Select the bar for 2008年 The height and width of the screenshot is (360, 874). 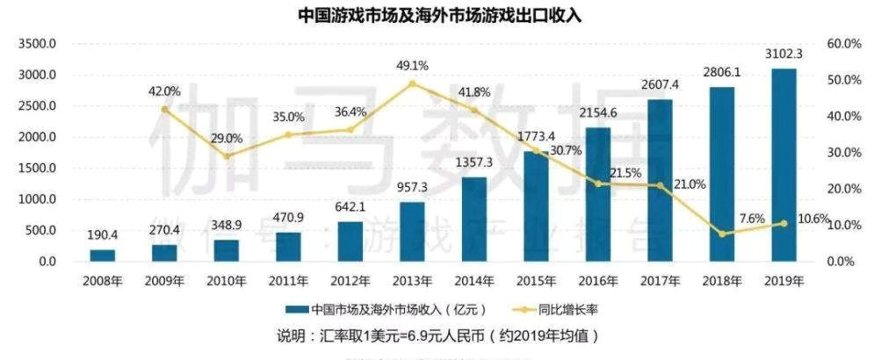102,256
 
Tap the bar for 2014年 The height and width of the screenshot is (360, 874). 473,220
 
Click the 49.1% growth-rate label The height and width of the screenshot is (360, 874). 412,65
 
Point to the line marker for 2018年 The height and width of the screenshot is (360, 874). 721,234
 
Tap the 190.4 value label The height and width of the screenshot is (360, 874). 103,236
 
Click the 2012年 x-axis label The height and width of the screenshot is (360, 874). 350,281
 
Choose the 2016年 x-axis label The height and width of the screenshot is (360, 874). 597,281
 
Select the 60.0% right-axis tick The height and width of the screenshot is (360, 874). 843,44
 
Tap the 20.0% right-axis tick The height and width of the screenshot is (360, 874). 843,189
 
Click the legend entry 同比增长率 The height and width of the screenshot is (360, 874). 559,309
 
